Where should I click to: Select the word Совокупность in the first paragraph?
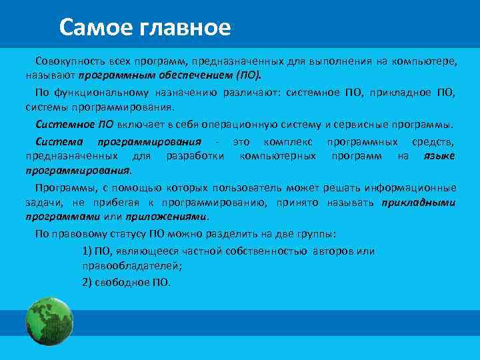70,61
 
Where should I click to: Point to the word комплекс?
285,141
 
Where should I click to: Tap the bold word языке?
439,155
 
